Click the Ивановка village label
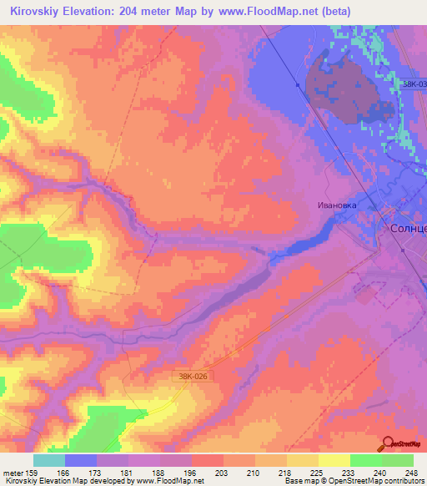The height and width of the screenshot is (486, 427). (337, 204)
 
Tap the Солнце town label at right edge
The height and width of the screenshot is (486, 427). (408, 227)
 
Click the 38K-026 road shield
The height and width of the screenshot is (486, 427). (192, 376)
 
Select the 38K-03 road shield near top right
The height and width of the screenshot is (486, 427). (412, 84)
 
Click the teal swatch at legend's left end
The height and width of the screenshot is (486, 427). (49, 460)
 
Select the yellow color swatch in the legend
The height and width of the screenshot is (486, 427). (334, 460)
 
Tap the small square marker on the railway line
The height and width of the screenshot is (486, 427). (297, 84)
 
